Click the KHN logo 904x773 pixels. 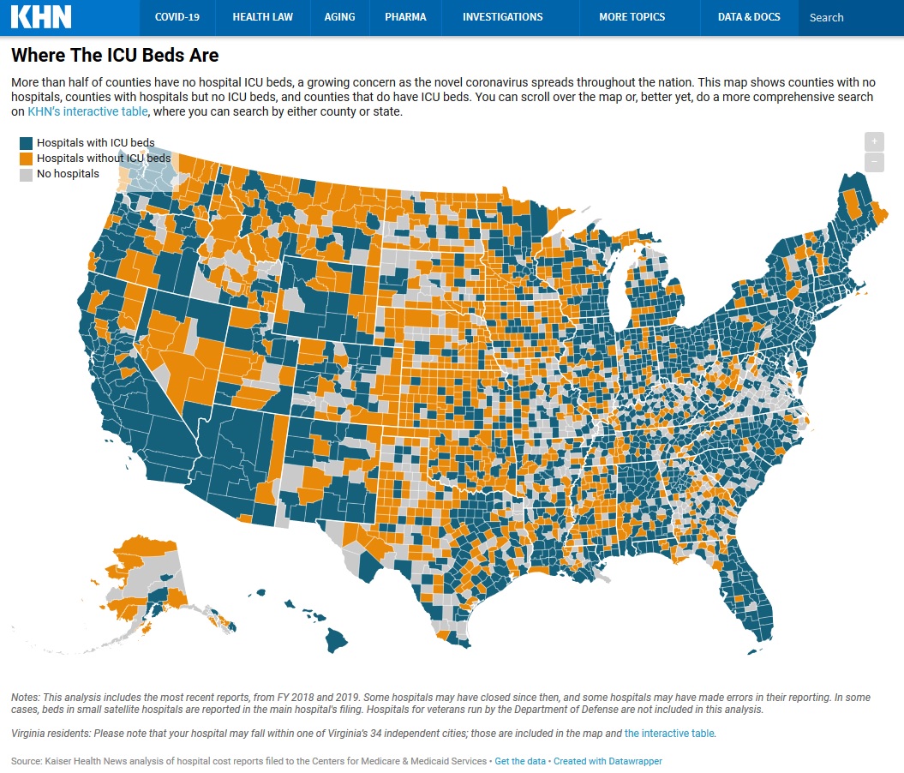click(41, 17)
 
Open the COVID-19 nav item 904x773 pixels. click(177, 17)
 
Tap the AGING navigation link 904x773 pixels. click(339, 17)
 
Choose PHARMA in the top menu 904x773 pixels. click(405, 17)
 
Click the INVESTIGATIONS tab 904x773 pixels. click(502, 17)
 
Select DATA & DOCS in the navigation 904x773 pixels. click(749, 17)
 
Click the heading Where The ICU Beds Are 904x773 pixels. click(115, 56)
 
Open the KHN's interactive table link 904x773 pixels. click(88, 111)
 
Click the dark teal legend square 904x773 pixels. click(27, 143)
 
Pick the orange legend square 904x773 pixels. click(27, 159)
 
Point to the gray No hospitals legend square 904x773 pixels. click(27, 174)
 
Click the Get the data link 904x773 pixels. click(521, 761)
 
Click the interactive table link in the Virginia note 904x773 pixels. click(668, 734)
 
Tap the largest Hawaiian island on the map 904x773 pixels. click(335, 639)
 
